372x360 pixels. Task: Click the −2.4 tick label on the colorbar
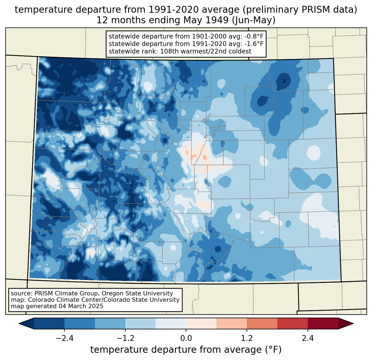(64, 338)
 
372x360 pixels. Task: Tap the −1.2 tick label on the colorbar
(125, 338)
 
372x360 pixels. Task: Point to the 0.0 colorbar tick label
(186, 338)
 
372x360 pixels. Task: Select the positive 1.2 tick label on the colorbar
(247, 338)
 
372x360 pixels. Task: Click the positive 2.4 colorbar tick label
(308, 338)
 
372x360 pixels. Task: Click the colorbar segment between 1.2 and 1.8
(262, 323)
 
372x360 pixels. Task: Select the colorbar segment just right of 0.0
(201, 323)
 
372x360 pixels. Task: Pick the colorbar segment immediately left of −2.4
(49, 323)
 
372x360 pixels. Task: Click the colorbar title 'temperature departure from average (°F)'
(186, 350)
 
